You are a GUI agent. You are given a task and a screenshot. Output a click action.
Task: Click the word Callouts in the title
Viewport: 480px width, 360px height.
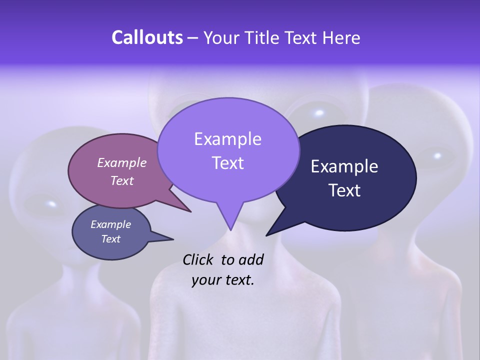[147, 37]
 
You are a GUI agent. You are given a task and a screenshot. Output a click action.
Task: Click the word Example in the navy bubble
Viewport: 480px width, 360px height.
[344, 166]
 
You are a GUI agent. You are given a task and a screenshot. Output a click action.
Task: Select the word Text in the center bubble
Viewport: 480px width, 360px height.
[227, 163]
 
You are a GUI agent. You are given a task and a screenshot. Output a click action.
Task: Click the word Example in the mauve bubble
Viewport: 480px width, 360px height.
[121, 162]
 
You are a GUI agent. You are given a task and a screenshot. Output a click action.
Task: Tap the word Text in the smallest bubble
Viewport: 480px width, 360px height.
[110, 239]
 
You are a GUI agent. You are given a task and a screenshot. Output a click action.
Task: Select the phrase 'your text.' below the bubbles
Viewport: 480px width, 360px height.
[222, 280]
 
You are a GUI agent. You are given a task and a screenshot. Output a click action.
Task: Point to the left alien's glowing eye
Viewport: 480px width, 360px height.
[51, 203]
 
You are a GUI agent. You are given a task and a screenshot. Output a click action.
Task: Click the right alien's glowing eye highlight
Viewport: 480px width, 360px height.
[437, 155]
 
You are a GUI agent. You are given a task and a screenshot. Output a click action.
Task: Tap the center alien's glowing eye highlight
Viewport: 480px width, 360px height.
[318, 111]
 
